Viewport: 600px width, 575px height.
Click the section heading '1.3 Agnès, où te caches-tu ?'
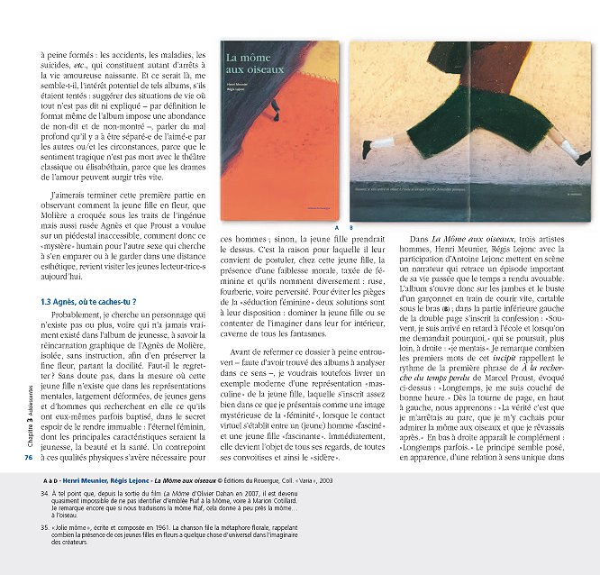point(87,301)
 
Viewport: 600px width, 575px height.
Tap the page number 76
point(28,457)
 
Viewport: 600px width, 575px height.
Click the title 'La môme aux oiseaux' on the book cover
point(255,64)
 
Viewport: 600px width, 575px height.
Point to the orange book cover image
point(279,127)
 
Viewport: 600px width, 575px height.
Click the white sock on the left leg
point(382,142)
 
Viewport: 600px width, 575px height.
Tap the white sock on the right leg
point(568,148)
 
